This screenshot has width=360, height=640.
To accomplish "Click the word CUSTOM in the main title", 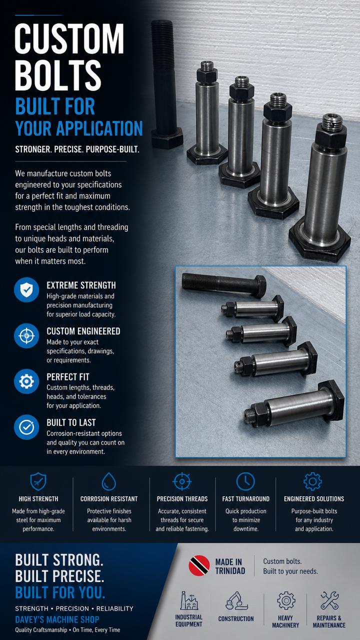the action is (x=69, y=38).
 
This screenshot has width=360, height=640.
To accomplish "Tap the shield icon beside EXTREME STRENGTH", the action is (x=26, y=289).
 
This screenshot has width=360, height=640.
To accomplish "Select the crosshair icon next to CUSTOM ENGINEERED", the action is (x=26, y=335).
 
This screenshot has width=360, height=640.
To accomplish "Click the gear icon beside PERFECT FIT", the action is (x=26, y=381).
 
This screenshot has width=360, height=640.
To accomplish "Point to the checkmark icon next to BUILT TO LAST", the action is (x=26, y=427).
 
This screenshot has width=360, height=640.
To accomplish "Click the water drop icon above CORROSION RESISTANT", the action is (x=109, y=481).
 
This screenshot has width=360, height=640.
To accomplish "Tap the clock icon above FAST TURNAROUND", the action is (x=245, y=481).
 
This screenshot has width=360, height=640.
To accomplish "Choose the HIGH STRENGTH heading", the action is (x=38, y=499).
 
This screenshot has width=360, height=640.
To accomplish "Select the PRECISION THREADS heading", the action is (x=182, y=499).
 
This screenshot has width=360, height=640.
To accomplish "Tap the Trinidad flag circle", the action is (x=199, y=565).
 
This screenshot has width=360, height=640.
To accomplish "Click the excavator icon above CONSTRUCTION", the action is (x=236, y=601).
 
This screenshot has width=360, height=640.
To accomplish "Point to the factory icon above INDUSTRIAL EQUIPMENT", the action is (x=189, y=601).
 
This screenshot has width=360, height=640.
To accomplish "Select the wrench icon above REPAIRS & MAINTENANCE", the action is (x=329, y=600).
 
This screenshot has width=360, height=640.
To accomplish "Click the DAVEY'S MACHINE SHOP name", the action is (x=57, y=619).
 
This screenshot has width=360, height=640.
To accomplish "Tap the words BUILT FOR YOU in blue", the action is (x=60, y=592).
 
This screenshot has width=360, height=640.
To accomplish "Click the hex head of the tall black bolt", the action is (x=167, y=138).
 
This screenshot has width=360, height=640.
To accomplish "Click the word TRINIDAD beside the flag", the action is (x=230, y=571).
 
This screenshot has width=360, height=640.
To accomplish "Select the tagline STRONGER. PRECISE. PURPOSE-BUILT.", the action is (x=77, y=149).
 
